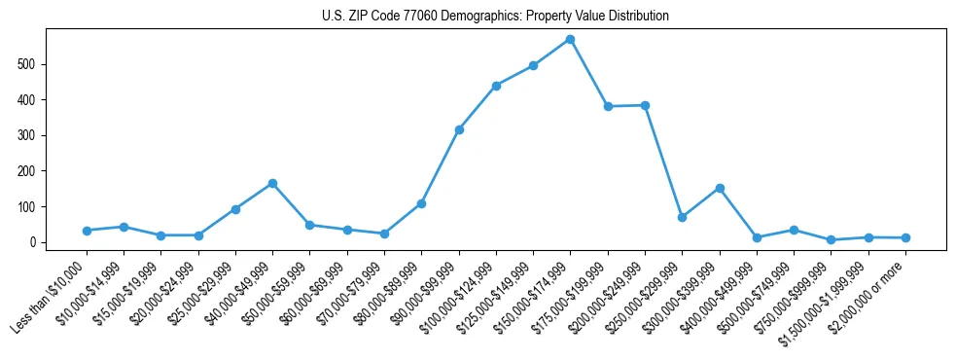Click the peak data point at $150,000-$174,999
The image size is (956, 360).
pyautogui.click(x=571, y=39)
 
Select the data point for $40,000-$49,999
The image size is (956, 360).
pyautogui.click(x=272, y=183)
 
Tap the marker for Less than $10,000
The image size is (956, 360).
pyautogui.click(x=87, y=231)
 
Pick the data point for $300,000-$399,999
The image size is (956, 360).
pyautogui.click(x=720, y=188)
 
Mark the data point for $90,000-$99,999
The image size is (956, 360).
pyautogui.click(x=459, y=129)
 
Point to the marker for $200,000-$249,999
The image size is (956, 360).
pyautogui.click(x=645, y=105)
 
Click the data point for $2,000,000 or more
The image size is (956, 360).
pyautogui.click(x=905, y=237)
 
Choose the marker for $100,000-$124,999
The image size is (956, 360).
pyautogui.click(x=496, y=86)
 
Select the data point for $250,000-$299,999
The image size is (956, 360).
pyautogui.click(x=683, y=217)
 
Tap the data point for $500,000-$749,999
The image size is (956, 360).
pyautogui.click(x=794, y=230)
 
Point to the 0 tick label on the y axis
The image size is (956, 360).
pyautogui.click(x=33, y=242)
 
